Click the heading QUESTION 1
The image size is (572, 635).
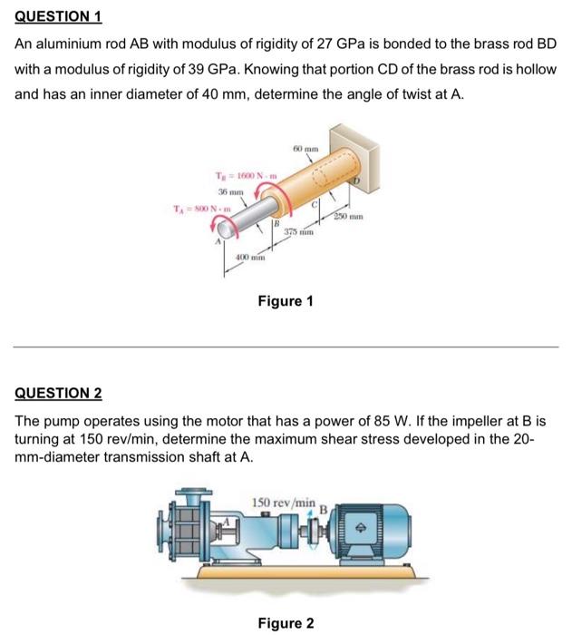click(58, 15)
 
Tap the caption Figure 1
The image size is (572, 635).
click(286, 301)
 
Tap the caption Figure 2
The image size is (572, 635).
click(286, 623)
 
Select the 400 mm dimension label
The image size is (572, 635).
click(248, 260)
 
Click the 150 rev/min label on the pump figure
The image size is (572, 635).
click(284, 502)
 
